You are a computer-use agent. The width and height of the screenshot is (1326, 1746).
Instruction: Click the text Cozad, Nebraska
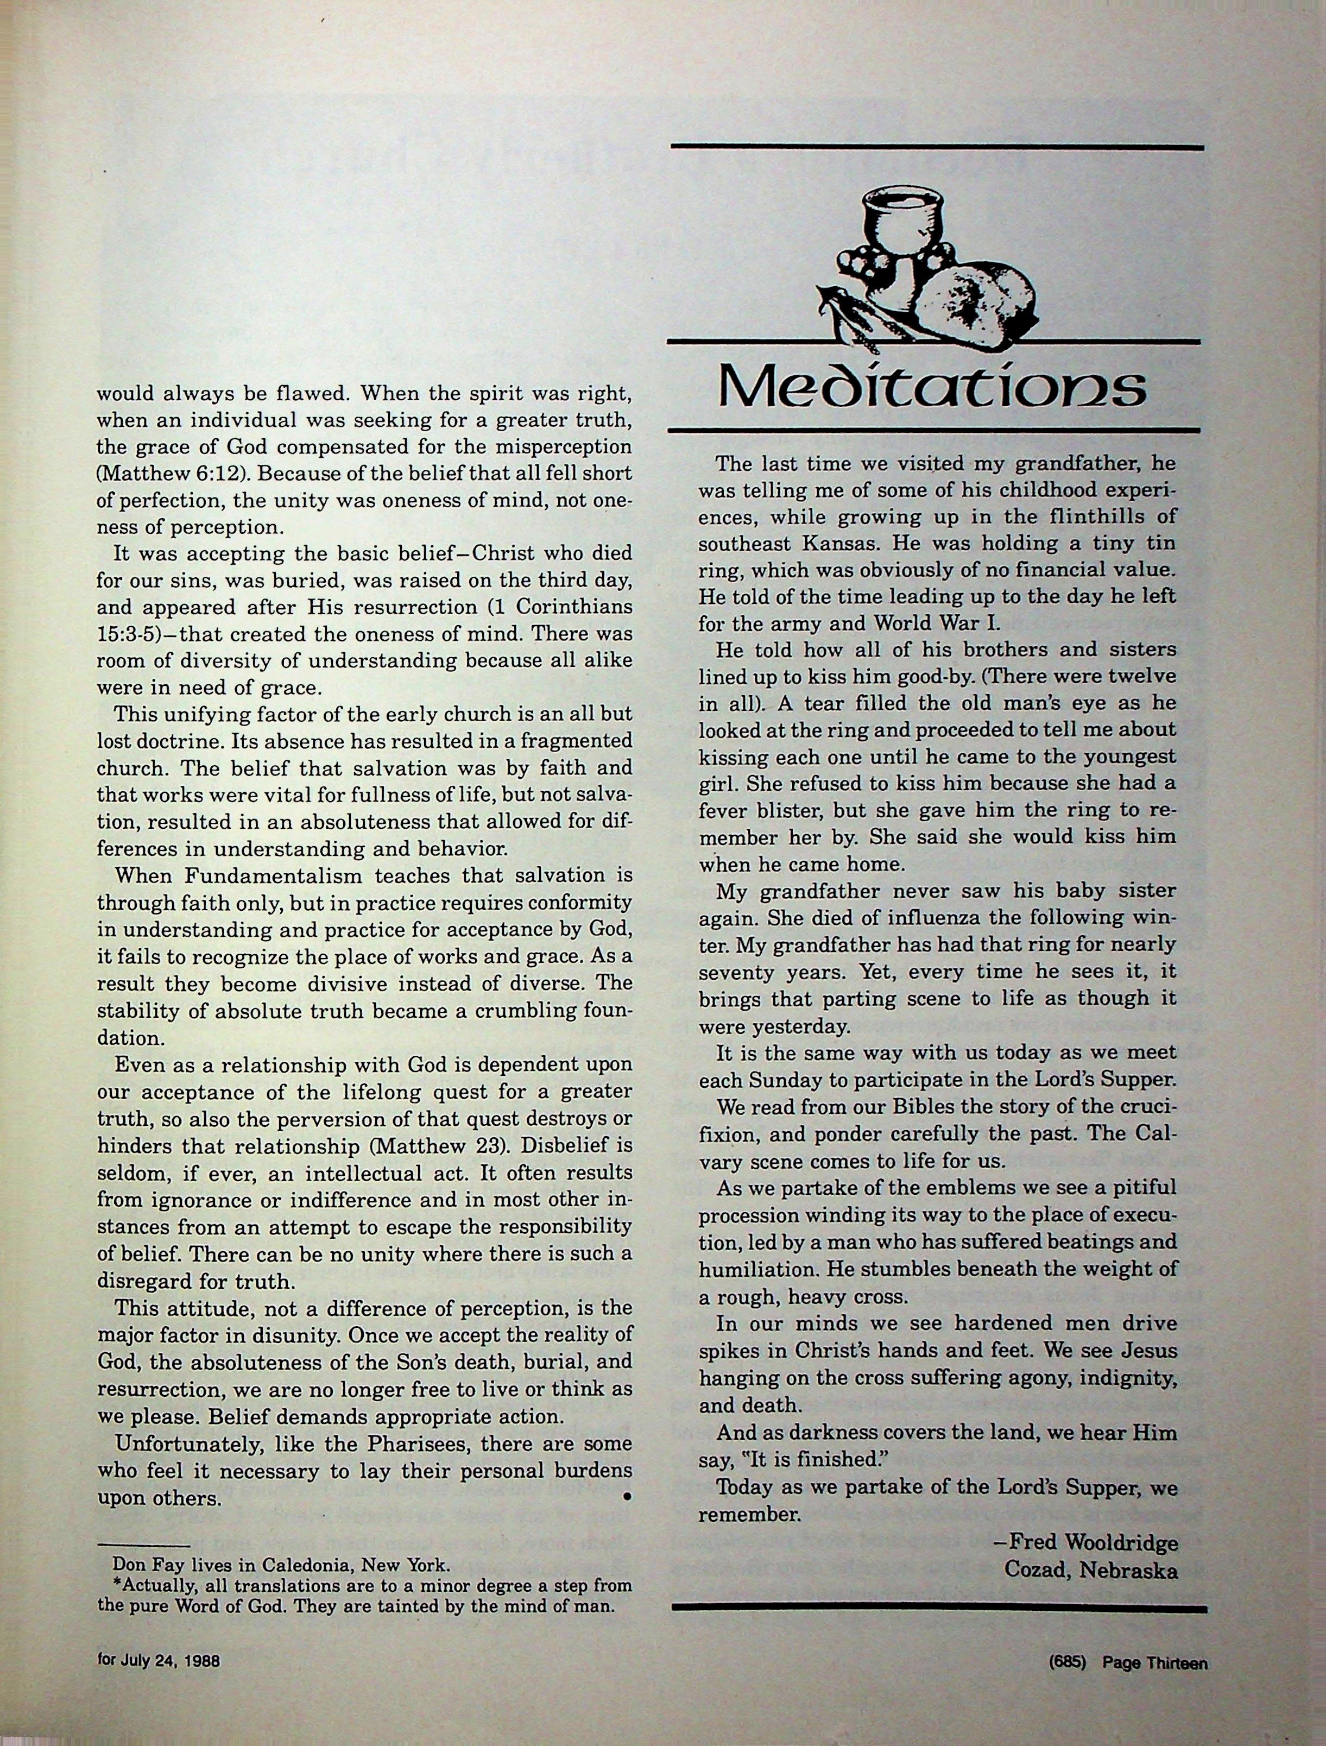coord(1091,1547)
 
